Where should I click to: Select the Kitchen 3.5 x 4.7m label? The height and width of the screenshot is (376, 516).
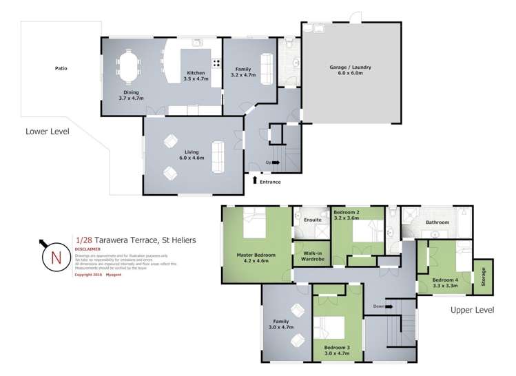tap(196, 76)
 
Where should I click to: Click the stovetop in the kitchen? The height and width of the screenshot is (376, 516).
tap(216, 63)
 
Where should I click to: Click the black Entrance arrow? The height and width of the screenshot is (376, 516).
tap(255, 180)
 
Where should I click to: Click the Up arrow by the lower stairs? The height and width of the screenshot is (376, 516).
tap(276, 163)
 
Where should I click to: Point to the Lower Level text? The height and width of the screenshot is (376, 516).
tap(48, 131)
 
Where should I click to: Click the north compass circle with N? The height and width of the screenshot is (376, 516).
tap(54, 258)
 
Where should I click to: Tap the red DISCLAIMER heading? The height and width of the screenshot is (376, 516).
tap(87, 249)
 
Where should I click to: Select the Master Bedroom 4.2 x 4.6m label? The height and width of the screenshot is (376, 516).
tap(256, 258)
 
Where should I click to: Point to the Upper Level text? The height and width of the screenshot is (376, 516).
tap(472, 310)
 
